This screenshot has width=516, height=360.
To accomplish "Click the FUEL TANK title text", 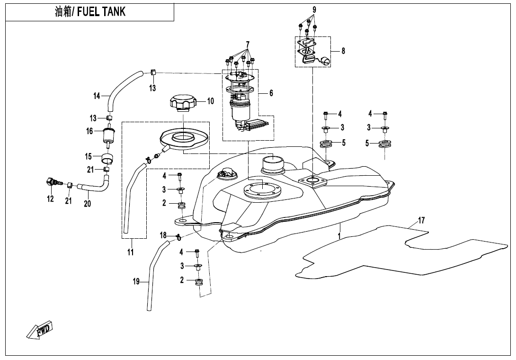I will pos(90,12).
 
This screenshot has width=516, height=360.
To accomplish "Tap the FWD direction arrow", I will pos(41,330).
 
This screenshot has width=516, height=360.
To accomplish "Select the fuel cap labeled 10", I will pos(182,103).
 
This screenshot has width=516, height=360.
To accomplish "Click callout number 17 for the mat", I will pos(421,220).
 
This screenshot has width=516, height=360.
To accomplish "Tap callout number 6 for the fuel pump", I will pos(271,93).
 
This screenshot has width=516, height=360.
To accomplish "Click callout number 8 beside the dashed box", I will pos(343,51).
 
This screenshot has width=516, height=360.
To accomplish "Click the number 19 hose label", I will pos(136,282).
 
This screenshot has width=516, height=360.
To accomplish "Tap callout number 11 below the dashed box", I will pos(131,252).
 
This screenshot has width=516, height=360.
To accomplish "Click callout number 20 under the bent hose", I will pos(87,204).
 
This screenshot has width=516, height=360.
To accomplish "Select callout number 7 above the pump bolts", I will pos(247,45).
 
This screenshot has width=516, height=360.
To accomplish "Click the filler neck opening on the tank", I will pos(272,163).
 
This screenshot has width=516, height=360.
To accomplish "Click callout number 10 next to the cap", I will pos(211,101).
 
